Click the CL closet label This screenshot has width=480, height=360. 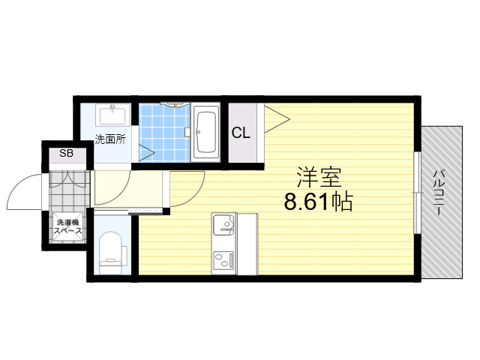click(241, 133)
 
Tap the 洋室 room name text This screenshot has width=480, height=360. click(319, 178)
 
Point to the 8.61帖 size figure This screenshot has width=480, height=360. click(318, 202)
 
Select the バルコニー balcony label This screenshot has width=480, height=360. click(438, 193)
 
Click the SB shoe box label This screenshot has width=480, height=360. click(67, 153)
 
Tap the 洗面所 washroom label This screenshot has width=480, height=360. click(110, 139)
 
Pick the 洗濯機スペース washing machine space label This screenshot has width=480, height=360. click(68, 226)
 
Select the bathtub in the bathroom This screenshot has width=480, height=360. click(205, 132)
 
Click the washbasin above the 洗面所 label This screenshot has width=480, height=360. click(112, 115)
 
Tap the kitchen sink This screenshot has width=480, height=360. click(223, 225)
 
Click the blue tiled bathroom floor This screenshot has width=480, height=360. click(164, 133)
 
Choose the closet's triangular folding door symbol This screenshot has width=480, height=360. click(277, 119)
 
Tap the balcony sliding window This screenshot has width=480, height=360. click(417, 193)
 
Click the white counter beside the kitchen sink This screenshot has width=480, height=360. click(247, 244)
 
